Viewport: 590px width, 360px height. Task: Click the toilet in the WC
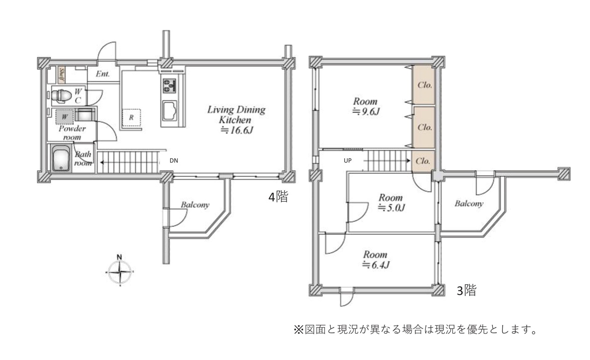click(x=61, y=95)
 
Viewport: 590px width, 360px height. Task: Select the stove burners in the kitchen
click(x=170, y=86)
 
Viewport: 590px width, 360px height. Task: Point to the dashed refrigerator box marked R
click(x=131, y=118)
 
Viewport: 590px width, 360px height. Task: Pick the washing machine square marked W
click(x=65, y=117)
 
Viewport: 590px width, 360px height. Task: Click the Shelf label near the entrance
click(x=62, y=75)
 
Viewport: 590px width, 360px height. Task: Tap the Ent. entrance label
click(x=103, y=74)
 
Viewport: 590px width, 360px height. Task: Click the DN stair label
click(x=174, y=161)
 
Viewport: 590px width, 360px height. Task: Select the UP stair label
click(x=348, y=161)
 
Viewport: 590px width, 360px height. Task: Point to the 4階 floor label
click(x=278, y=197)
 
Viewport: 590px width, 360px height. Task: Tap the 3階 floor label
click(x=466, y=291)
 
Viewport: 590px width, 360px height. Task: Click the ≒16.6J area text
click(x=237, y=130)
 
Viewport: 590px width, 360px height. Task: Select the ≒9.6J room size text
click(x=366, y=112)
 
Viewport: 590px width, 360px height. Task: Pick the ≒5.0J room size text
click(x=391, y=208)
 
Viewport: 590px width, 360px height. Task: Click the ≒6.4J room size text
click(x=376, y=265)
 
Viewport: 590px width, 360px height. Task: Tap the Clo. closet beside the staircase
click(x=423, y=161)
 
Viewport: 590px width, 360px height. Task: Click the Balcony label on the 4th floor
click(x=195, y=205)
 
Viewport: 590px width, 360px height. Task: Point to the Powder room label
click(x=72, y=133)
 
